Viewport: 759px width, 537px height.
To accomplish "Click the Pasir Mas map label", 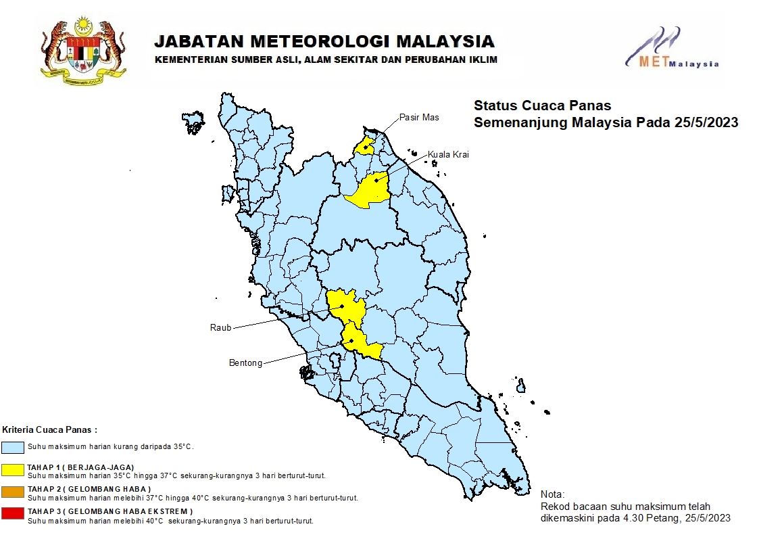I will [x=418, y=117].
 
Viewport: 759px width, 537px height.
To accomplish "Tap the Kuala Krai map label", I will [x=447, y=155].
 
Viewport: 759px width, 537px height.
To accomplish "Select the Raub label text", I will [x=220, y=327].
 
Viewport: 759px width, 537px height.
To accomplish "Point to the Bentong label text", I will [x=245, y=363].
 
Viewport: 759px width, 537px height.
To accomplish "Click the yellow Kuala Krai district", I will [x=368, y=189].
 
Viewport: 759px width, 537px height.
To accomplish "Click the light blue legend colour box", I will [x=13, y=447].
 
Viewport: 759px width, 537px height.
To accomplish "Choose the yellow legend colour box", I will [x=13, y=469].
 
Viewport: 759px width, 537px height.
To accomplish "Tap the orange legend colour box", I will [x=13, y=491].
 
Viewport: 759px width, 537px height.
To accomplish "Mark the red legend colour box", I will [x=13, y=513].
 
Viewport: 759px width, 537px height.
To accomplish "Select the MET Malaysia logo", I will [x=671, y=49].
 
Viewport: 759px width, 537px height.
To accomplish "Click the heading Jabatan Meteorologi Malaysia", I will [x=324, y=42].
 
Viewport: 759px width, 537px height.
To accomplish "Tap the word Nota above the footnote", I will [x=552, y=494].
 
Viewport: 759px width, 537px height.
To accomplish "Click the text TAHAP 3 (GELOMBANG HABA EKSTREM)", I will [x=110, y=511].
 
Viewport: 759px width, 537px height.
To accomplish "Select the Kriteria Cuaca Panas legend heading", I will [x=50, y=429].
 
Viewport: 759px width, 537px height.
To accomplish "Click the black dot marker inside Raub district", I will [x=342, y=306].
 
